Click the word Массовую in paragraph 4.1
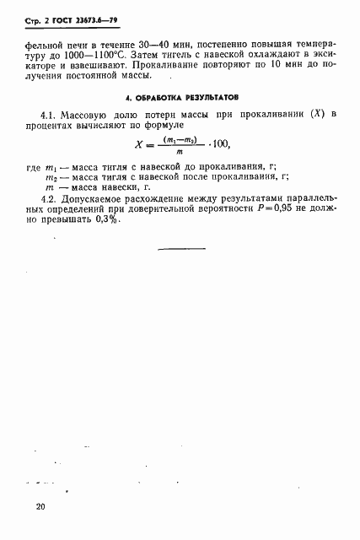95,114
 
